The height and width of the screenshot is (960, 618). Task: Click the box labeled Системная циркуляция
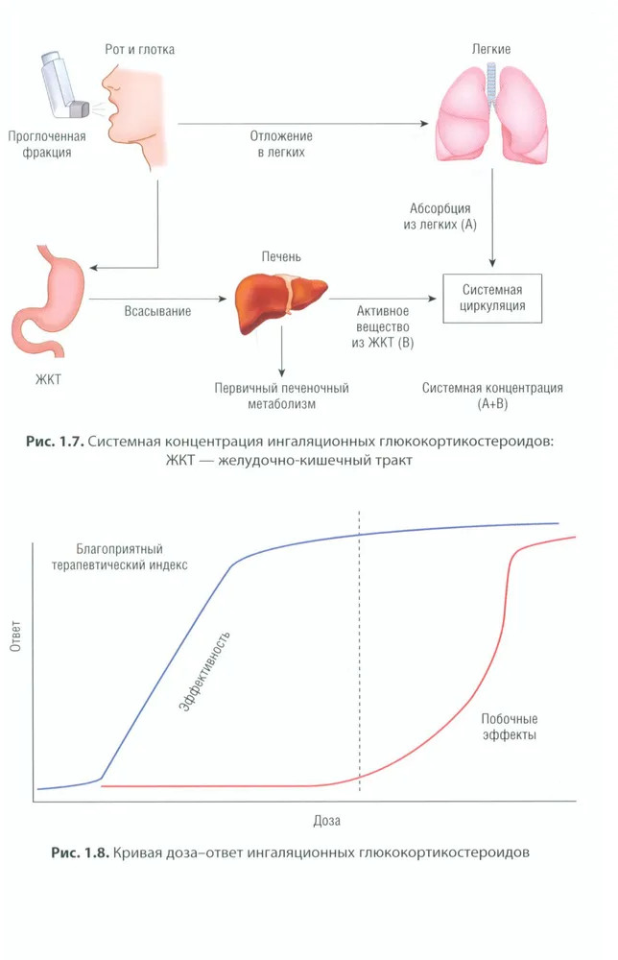click(x=492, y=300)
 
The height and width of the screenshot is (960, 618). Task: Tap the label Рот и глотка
click(x=139, y=48)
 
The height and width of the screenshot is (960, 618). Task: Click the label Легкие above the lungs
click(x=490, y=48)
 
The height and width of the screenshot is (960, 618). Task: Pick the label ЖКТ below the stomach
click(x=47, y=380)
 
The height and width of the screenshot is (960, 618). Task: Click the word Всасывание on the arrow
click(x=157, y=311)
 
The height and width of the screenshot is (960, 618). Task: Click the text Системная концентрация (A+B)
click(x=492, y=396)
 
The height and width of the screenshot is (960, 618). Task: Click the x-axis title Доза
click(x=326, y=821)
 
